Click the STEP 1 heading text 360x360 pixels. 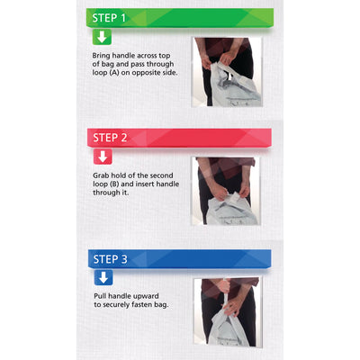[x=109, y=18]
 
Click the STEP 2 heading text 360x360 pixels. [x=110, y=138]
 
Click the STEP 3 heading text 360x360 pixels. [x=110, y=259]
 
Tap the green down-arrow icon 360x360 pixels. [x=102, y=37]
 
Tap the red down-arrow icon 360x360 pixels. [x=103, y=157]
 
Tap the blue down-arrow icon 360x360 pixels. [x=103, y=277]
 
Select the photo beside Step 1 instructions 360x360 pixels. [x=227, y=72]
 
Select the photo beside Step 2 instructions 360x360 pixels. [x=226, y=191]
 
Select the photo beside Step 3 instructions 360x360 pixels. [x=228, y=312]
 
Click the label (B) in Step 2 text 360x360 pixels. [x=113, y=184]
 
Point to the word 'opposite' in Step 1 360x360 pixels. [x=146, y=73]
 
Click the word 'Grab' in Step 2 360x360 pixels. [x=101, y=175]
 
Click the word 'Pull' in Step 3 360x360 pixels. [x=100, y=296]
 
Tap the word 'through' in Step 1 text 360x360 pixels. [x=160, y=64]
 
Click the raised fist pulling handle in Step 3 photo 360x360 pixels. [x=226, y=285]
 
